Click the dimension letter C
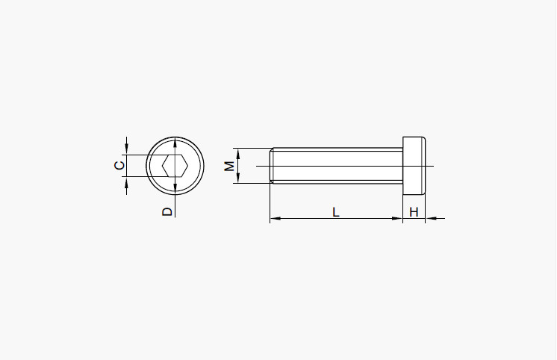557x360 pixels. click(x=119, y=166)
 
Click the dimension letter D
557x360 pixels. click(x=167, y=212)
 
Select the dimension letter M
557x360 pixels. click(x=229, y=166)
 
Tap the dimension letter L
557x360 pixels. click(x=336, y=212)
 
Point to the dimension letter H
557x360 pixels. click(x=414, y=212)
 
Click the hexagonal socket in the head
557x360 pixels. click(x=175, y=166)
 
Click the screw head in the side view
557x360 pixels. click(x=414, y=166)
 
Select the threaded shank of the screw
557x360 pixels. click(x=337, y=166)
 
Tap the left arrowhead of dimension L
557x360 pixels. click(x=275, y=218)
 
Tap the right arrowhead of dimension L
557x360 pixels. click(x=397, y=218)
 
